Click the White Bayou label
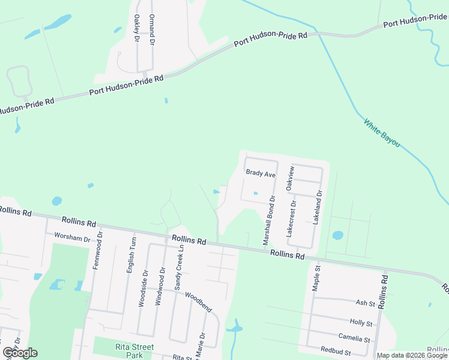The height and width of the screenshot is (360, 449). click(381, 133)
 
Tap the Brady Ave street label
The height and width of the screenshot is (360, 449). click(261, 173)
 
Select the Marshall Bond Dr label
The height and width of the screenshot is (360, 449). click(268, 220)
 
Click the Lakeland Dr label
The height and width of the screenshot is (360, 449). click(318, 208)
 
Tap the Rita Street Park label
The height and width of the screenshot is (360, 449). click(134, 351)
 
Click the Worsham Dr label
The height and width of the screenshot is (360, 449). click(72, 238)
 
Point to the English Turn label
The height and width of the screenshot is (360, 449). click(132, 256)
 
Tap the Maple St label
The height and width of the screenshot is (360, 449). click(316, 278)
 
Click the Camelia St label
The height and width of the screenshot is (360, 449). click(354, 339)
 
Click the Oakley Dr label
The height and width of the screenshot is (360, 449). click(137, 28)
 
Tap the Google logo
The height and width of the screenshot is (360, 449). click(20, 352)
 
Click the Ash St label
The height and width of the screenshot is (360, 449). click(365, 303)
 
